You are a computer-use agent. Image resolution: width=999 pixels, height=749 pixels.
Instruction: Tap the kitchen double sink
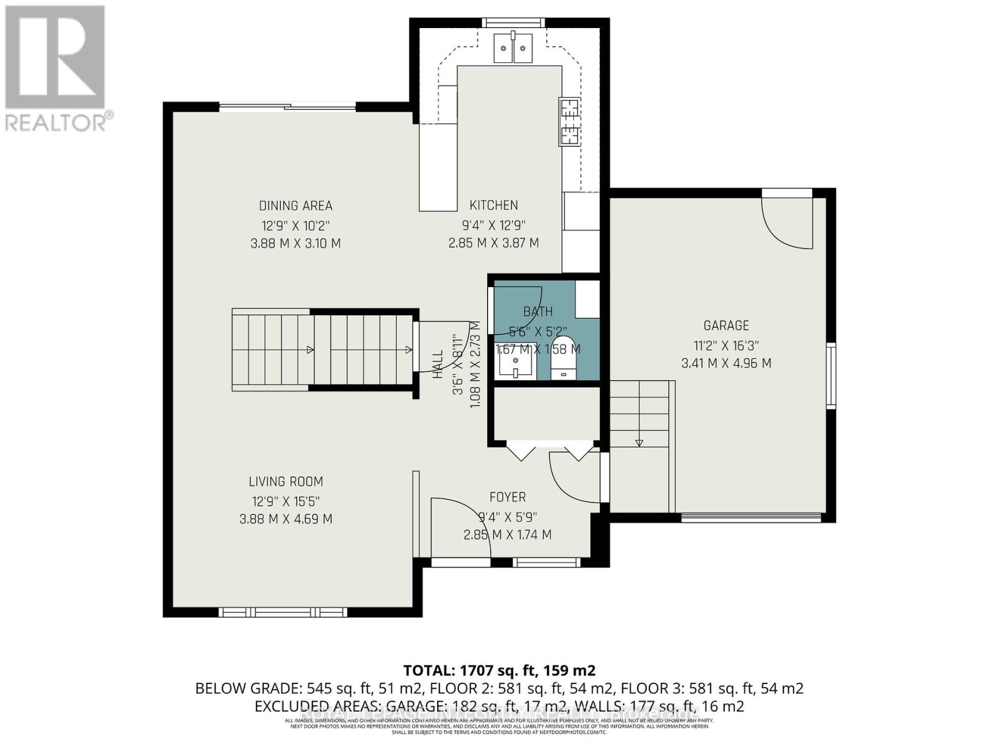(x=513, y=47)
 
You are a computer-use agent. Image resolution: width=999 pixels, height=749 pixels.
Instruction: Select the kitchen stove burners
(x=569, y=122)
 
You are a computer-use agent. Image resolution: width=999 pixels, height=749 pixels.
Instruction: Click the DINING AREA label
(x=295, y=205)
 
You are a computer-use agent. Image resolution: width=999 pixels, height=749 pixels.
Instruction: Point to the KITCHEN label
(x=493, y=205)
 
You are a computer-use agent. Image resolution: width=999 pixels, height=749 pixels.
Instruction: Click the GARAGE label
(x=726, y=325)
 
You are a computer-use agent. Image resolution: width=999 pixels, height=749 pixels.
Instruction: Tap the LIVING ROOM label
(x=286, y=481)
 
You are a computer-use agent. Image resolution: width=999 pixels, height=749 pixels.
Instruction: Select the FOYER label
(x=507, y=497)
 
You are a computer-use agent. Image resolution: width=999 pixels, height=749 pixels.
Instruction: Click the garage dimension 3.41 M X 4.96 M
(x=726, y=363)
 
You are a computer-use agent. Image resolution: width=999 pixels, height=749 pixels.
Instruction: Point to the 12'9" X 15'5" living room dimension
(x=286, y=501)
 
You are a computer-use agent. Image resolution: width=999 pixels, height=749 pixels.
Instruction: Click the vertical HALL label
(x=438, y=364)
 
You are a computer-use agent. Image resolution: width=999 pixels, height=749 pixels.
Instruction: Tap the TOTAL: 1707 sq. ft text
(x=499, y=670)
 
